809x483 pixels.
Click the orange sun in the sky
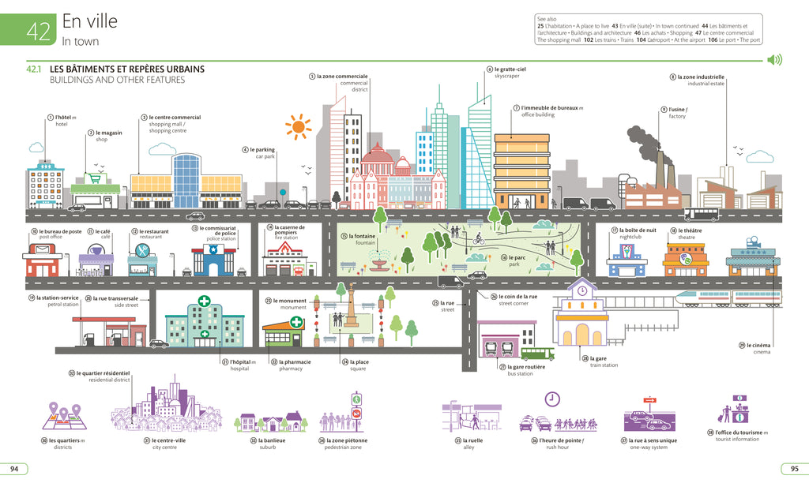(x=298, y=126)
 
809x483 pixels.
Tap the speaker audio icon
(x=774, y=60)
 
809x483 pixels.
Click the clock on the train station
(x=582, y=290)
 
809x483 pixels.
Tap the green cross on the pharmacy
(x=296, y=322)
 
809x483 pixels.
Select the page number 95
(x=793, y=469)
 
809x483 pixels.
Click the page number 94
(x=14, y=469)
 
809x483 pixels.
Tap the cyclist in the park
(x=478, y=237)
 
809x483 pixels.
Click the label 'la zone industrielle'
(x=701, y=77)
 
